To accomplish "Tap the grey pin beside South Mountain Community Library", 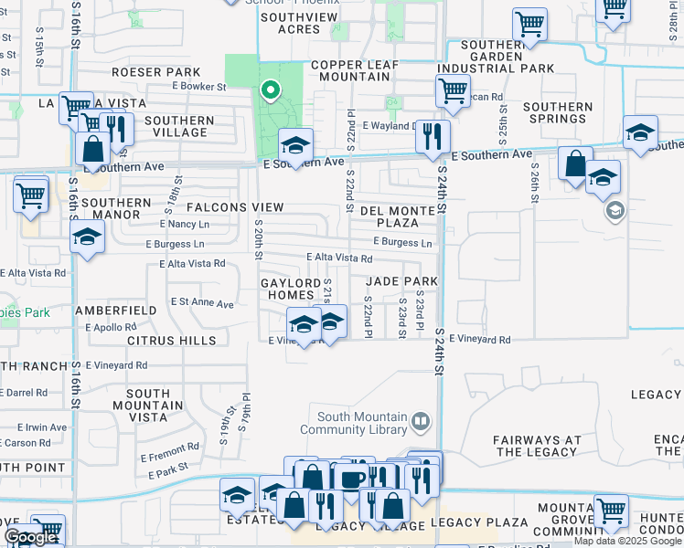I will tap(421, 422).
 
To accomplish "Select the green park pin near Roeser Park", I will tap(270, 90).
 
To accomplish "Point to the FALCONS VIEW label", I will tap(236, 207).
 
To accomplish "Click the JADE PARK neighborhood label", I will tap(401, 281).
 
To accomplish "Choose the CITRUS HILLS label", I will tap(172, 341).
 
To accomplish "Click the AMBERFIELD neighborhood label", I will tap(115, 311).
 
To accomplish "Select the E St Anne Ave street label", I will tap(202, 301).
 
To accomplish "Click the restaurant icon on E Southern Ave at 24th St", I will tap(433, 137).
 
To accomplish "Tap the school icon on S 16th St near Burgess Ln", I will tap(87, 237).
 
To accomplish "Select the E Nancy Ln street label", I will tap(184, 224).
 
